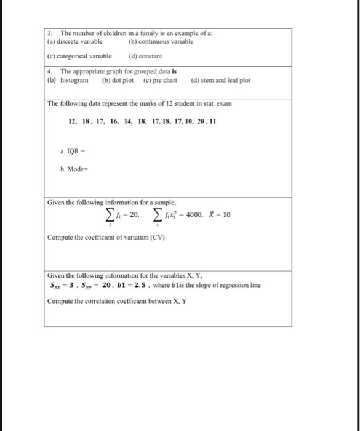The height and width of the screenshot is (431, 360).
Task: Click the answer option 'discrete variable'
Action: [79, 42]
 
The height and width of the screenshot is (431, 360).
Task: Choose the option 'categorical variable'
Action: [84, 55]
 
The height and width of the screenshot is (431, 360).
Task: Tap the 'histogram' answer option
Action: [74, 81]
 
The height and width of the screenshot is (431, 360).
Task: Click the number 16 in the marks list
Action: [114, 122]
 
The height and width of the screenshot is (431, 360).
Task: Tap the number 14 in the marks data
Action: [128, 122]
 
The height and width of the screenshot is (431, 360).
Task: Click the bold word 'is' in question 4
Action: [175, 71]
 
